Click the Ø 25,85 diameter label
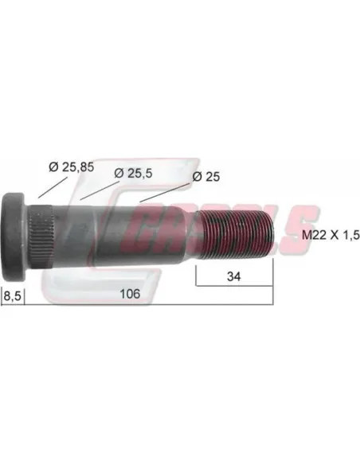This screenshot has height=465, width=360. [x=71, y=167]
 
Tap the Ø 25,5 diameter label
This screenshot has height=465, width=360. [x=133, y=174]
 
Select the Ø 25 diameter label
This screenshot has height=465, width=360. [x=206, y=177]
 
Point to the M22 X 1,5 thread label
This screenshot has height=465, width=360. [x=331, y=235]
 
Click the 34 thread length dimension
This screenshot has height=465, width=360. [x=233, y=276]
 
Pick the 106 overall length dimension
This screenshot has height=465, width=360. [x=130, y=294]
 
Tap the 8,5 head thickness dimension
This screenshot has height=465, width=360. [x=13, y=295]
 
